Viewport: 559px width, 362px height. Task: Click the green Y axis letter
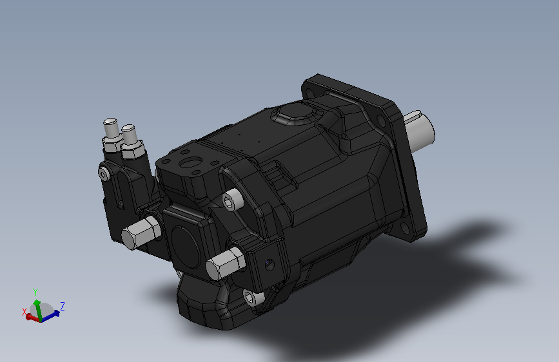tap(35, 292)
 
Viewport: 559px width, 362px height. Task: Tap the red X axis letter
tap(25, 311)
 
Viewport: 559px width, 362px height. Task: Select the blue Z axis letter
tap(63, 305)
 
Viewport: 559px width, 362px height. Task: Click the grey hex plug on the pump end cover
tap(225, 263)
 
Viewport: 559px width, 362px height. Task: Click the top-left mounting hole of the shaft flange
tap(309, 93)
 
